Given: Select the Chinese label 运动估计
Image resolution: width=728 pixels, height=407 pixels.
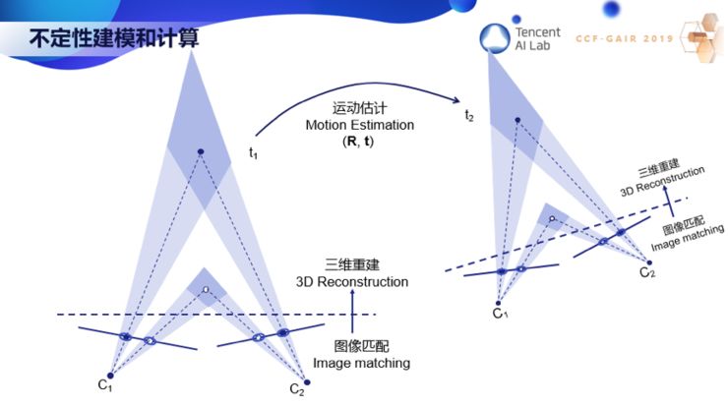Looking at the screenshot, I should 360,109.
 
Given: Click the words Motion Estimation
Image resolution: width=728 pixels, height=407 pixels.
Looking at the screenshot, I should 360,126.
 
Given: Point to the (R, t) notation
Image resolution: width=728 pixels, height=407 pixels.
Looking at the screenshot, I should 360,143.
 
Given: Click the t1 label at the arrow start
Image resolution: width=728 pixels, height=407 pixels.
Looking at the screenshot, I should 253,152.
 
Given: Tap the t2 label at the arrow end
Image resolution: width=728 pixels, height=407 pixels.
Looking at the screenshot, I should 469,116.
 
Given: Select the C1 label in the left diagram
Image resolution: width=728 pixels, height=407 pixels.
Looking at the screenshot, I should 104,385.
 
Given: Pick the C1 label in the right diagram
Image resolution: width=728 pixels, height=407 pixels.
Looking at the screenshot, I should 502,314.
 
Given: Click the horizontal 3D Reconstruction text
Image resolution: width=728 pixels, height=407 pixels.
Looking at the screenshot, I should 352,282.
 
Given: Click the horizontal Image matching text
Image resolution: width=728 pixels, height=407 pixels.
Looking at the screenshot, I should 361,363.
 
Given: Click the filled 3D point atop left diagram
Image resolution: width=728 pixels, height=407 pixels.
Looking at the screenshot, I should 200,151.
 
